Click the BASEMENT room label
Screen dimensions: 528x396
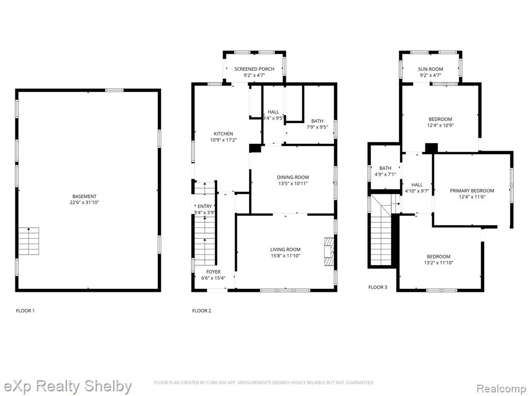point(84,196)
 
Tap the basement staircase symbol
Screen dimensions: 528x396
point(29,241)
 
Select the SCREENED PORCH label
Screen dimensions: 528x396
point(254,69)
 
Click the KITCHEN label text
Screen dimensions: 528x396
point(223,134)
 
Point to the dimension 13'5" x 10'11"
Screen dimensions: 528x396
point(293,184)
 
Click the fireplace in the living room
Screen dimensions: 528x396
point(329,252)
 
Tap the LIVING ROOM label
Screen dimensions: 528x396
point(285,250)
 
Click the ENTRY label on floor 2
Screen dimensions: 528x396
point(205,206)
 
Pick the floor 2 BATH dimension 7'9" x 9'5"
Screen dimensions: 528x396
point(317,127)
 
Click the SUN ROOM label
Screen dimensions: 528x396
point(431,69)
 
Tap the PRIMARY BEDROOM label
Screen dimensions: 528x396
point(472,191)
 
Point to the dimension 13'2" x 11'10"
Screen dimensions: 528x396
point(438,262)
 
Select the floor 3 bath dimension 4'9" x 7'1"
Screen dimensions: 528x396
point(385,174)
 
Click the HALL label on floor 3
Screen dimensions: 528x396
point(417,185)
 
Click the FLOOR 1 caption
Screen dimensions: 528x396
point(25,311)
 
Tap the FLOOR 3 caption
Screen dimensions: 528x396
point(377,287)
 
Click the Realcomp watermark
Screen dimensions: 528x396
point(502,389)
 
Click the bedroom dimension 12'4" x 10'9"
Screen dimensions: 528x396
point(440,125)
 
